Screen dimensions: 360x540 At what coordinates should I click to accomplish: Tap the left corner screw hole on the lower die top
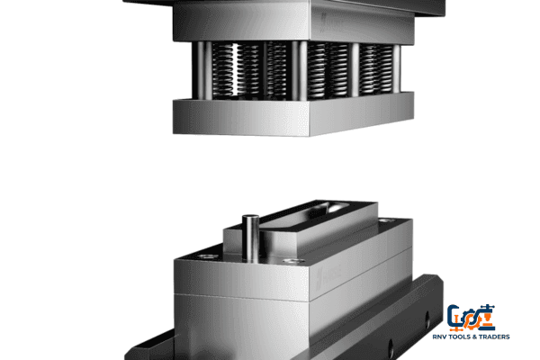[208, 256]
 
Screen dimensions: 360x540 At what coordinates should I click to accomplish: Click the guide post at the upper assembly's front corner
[301, 67]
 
